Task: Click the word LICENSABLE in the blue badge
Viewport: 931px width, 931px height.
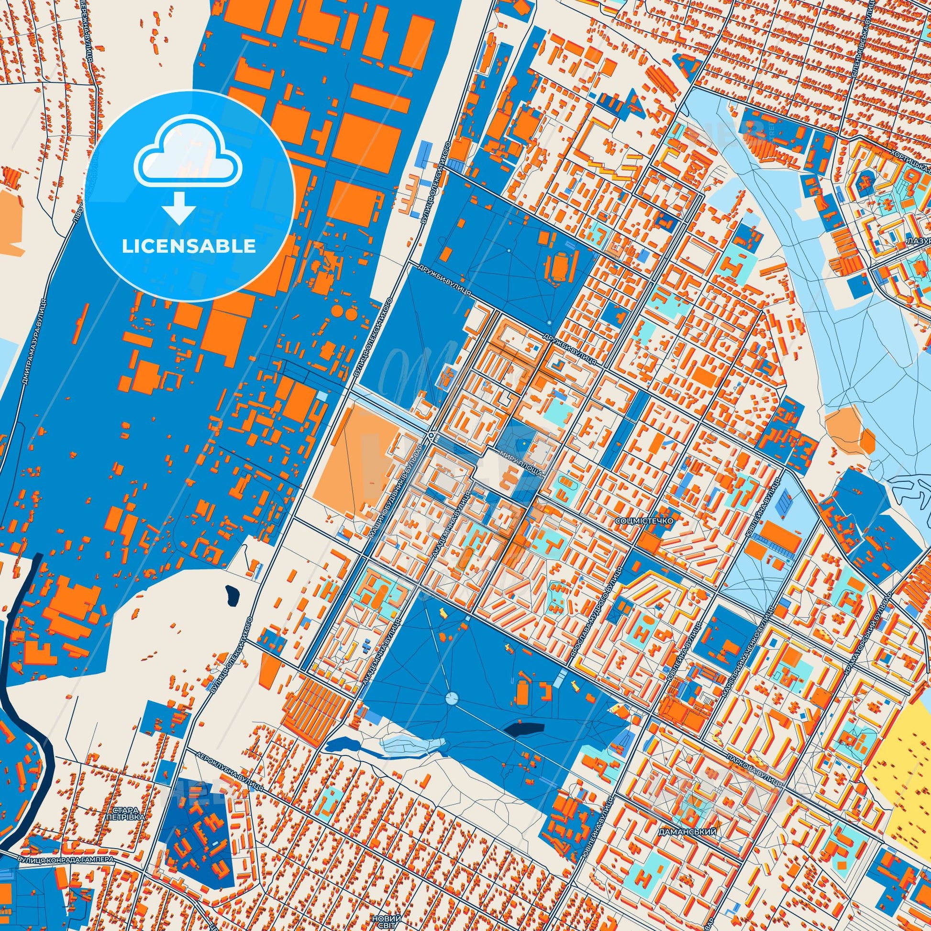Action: click(188, 246)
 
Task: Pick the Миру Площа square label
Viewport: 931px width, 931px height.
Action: click(522, 464)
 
